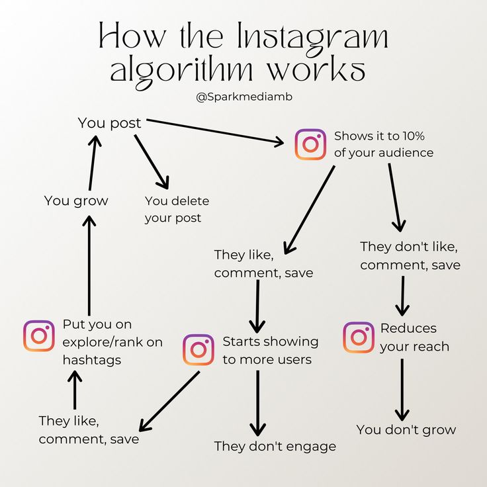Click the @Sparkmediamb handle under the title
[x=244, y=97]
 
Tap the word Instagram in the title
[x=312, y=39]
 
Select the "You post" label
[x=109, y=123]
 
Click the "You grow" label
[x=76, y=201]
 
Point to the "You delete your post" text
[x=177, y=209]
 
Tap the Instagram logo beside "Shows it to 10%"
[x=310, y=144]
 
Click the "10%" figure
[x=414, y=136]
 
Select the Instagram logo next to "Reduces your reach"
[x=359, y=337]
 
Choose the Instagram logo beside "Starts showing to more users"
[x=198, y=350]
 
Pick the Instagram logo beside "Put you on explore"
[x=39, y=335]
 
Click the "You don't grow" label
[x=406, y=430]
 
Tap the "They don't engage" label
[x=275, y=447]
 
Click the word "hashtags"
[x=91, y=360]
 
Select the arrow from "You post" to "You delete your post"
[x=152, y=161]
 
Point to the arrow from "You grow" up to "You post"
[x=93, y=163]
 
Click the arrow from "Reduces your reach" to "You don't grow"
[x=402, y=390]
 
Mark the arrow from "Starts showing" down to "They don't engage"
[x=257, y=403]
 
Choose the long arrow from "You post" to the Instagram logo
[x=215, y=132]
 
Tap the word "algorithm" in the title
[x=182, y=72]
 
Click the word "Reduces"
[x=408, y=329]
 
